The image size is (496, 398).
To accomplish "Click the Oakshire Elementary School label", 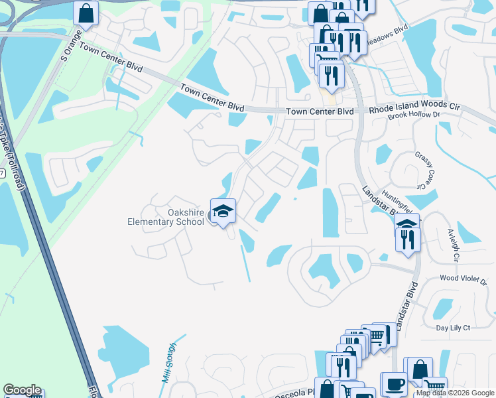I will [166, 216].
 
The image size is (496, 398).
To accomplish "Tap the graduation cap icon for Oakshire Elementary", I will [223, 211].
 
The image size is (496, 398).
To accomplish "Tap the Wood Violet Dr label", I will [463, 281].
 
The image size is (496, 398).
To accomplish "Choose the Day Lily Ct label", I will [453, 328].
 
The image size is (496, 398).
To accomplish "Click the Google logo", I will [22, 391].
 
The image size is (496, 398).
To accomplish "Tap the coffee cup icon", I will [393, 384].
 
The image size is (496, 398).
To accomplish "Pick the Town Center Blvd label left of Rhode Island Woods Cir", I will [320, 112].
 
